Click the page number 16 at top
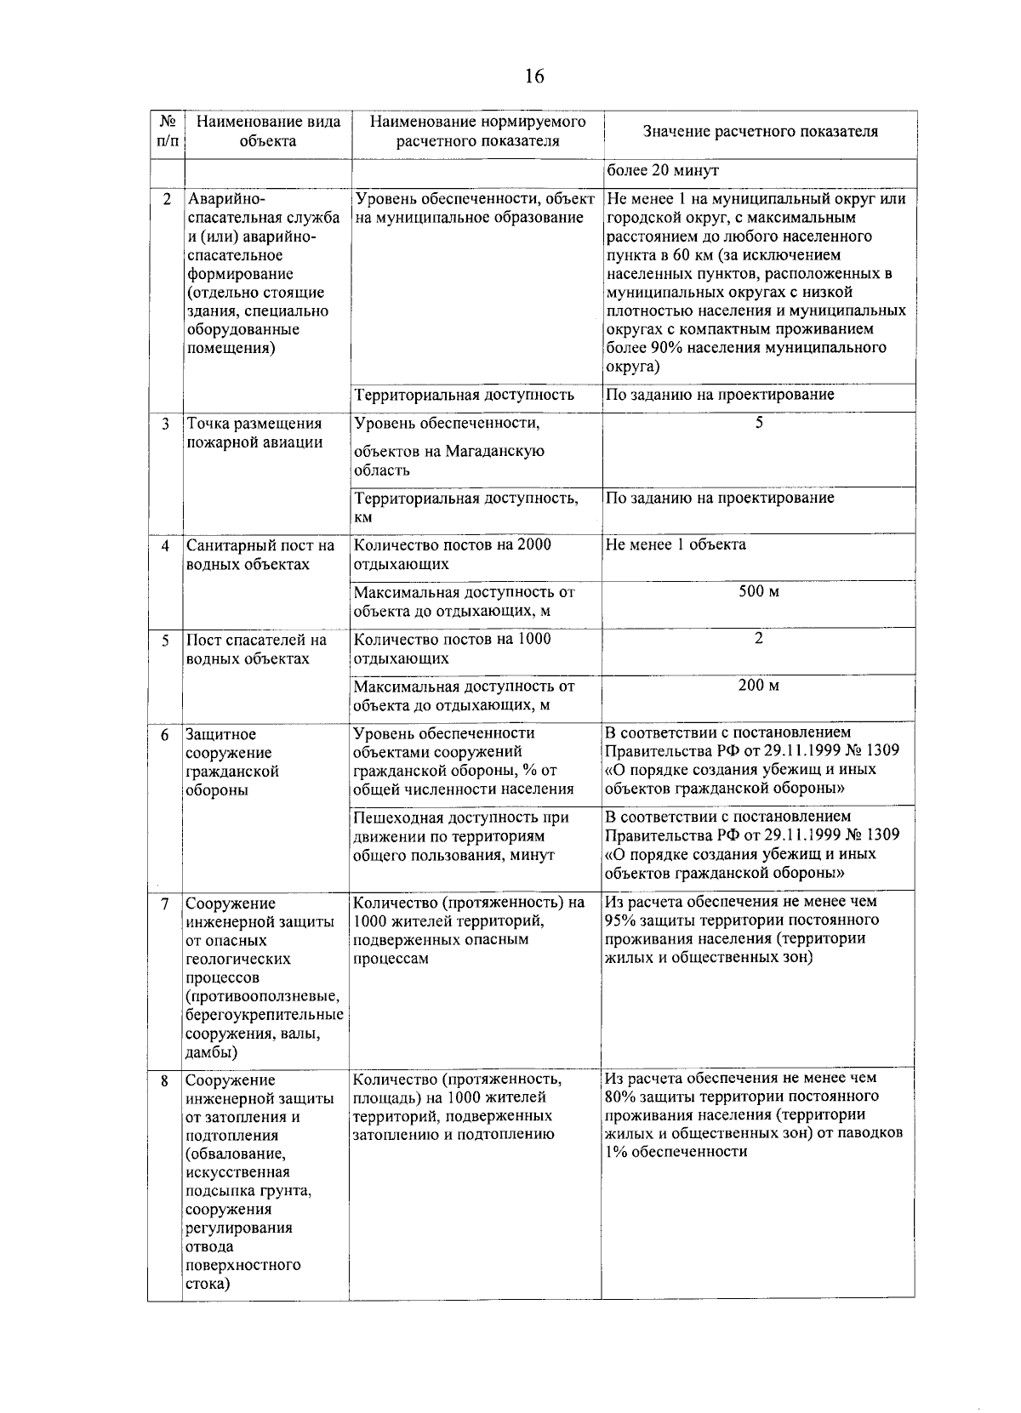[x=533, y=77]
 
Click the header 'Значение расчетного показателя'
[x=760, y=132]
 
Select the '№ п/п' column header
[x=167, y=131]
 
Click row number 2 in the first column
[x=167, y=199]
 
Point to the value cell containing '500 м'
[x=758, y=591]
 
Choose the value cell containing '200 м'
[x=758, y=686]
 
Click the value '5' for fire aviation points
[x=759, y=423]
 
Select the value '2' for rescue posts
[x=759, y=639]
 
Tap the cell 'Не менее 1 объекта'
[x=676, y=545]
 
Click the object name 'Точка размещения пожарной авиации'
[x=254, y=433]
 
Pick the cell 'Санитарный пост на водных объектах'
[x=260, y=556]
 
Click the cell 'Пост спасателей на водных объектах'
[x=256, y=650]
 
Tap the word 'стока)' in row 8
[x=208, y=1285]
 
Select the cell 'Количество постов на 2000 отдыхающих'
[x=452, y=555]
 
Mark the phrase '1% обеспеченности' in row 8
[x=676, y=1152]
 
